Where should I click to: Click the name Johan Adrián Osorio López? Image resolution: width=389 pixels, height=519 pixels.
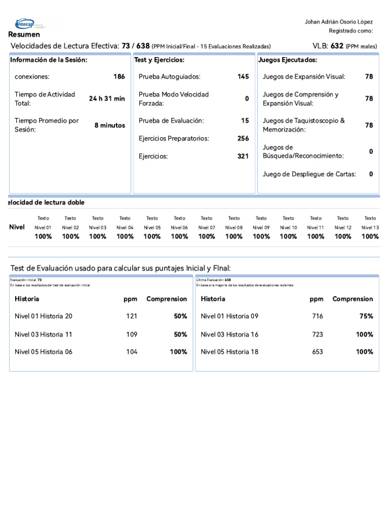pyautogui.click(x=338, y=22)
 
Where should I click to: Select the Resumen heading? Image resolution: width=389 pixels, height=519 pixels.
pyautogui.click(x=24, y=34)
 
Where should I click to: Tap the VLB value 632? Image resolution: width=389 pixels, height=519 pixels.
pyautogui.click(x=337, y=46)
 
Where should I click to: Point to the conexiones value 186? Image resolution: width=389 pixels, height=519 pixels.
pyautogui.click(x=119, y=77)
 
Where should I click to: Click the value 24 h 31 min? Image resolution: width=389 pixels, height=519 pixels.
pyautogui.click(x=107, y=99)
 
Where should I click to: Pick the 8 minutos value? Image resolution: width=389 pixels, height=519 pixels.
pyautogui.click(x=109, y=125)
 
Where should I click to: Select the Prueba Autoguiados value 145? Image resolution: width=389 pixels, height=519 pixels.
pyautogui.click(x=243, y=77)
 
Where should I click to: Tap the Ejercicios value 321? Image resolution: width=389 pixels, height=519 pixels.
pyautogui.click(x=243, y=156)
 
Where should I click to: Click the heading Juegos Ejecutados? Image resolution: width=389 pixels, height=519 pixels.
pyautogui.click(x=288, y=60)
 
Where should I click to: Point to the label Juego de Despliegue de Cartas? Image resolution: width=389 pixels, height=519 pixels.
pyautogui.click(x=309, y=174)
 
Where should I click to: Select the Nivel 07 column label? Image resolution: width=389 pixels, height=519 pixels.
pyautogui.click(x=207, y=228)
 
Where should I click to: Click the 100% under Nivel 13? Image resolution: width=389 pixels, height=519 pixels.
pyautogui.click(x=370, y=236)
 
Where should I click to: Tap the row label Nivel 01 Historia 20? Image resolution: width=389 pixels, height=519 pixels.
pyautogui.click(x=44, y=316)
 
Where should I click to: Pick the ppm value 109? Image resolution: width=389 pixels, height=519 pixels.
pyautogui.click(x=132, y=335)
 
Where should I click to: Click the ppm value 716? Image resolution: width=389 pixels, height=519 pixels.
pyautogui.click(x=318, y=316)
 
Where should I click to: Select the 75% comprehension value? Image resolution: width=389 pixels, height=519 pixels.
pyautogui.click(x=366, y=316)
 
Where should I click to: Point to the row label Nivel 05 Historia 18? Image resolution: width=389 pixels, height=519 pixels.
pyautogui.click(x=229, y=352)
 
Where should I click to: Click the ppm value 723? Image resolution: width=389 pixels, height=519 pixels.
pyautogui.click(x=318, y=335)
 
